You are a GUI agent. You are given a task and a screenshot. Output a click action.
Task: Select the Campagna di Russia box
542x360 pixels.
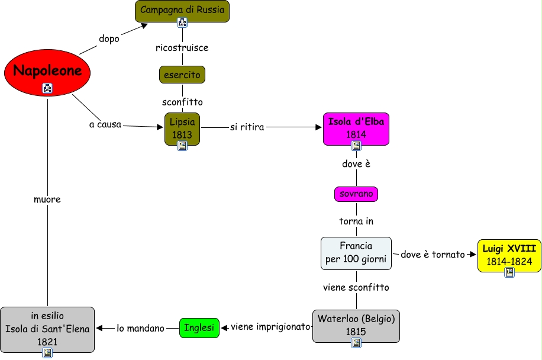[x=182, y=10]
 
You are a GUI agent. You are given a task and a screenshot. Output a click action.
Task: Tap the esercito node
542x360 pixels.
[x=182, y=75]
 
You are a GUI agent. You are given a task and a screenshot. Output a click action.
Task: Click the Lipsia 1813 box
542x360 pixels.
[x=182, y=128]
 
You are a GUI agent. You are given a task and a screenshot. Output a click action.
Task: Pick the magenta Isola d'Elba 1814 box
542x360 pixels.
[x=356, y=128]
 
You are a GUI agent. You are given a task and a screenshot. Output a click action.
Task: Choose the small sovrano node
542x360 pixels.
[x=356, y=194]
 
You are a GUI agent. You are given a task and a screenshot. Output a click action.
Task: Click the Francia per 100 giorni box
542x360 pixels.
[x=356, y=252]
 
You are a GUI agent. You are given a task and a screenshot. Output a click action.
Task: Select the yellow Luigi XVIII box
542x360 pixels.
[x=509, y=255]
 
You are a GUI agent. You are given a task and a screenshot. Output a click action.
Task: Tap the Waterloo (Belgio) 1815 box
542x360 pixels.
[x=356, y=324]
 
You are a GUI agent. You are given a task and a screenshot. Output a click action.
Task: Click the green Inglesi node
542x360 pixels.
[x=199, y=327]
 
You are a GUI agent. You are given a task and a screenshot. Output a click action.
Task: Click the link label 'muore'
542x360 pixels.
[x=47, y=200]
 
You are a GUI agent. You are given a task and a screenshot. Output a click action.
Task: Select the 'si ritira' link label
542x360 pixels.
[x=247, y=127]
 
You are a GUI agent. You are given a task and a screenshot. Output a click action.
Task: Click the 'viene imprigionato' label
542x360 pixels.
[x=270, y=326]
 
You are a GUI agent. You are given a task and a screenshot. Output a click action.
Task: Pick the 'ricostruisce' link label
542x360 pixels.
[x=182, y=47]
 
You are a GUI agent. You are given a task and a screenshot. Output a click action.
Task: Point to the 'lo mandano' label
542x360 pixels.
[x=140, y=327]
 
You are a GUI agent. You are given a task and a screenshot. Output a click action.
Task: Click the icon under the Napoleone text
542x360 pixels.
[x=47, y=89]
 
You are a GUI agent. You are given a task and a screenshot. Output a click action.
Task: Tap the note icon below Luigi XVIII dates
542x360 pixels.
[x=509, y=272]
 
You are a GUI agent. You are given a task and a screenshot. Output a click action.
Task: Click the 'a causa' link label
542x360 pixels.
[x=105, y=125]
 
